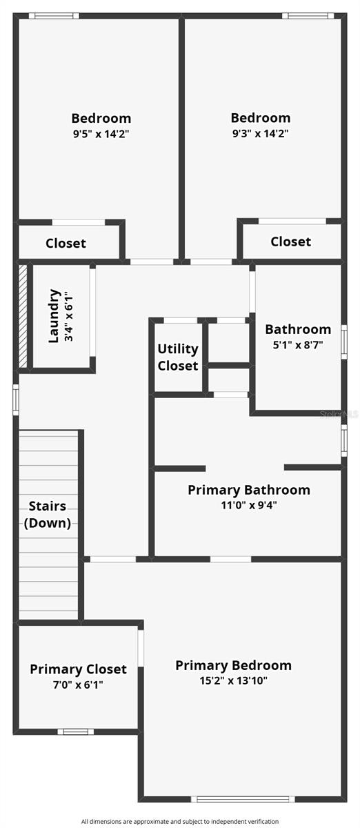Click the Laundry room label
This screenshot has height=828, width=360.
(54, 316)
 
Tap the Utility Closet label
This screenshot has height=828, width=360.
(178, 357)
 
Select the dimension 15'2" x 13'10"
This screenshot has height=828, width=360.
(232, 680)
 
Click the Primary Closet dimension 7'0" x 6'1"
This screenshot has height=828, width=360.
(78, 684)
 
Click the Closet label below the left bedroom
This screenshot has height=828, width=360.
(66, 243)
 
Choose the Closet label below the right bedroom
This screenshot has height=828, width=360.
(290, 241)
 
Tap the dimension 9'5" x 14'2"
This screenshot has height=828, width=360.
(101, 134)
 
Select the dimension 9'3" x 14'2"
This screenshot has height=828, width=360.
(260, 134)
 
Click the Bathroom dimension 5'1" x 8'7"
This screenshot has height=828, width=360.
(297, 344)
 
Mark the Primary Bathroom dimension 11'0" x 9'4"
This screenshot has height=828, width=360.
(249, 505)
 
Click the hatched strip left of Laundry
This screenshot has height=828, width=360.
(23, 316)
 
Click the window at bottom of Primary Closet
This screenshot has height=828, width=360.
(75, 731)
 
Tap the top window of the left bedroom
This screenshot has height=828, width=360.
(53, 16)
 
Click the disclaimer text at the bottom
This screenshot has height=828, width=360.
(180, 821)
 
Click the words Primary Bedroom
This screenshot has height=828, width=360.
(233, 665)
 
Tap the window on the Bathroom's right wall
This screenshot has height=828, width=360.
(343, 345)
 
